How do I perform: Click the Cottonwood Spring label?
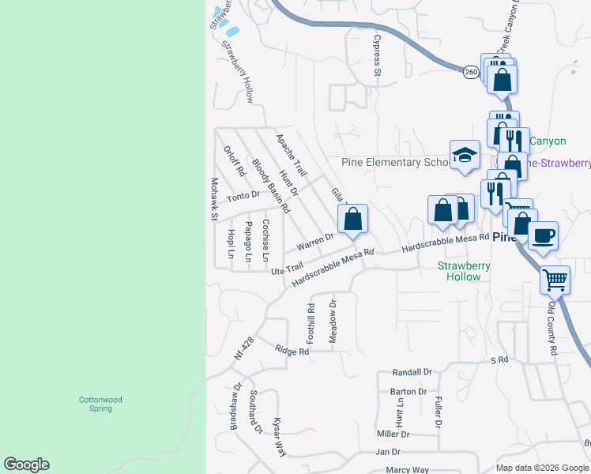tap(100, 404)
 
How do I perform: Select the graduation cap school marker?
tap(465, 155)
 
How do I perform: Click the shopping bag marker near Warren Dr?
tap(353, 219)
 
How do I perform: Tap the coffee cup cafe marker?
tap(543, 235)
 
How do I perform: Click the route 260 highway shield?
tap(471, 72)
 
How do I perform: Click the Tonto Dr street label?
tap(243, 195)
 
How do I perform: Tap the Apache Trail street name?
tap(290, 154)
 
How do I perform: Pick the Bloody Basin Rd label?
tap(270, 186)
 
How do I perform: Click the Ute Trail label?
tap(287, 270)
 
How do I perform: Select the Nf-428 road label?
tap(243, 348)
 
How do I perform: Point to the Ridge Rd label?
tap(292, 351)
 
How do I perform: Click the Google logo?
tap(26, 465)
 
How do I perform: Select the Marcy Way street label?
tap(408, 470)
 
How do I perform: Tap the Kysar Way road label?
tap(279, 437)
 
